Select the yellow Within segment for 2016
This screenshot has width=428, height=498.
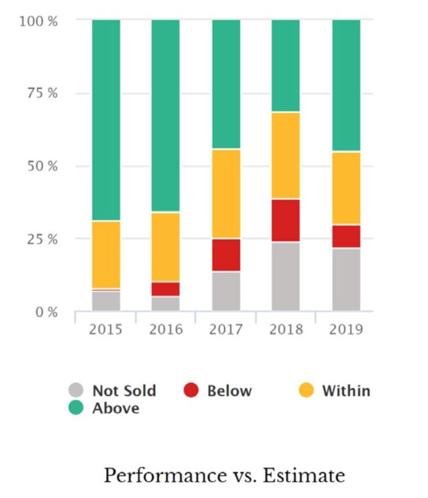(x=165, y=247)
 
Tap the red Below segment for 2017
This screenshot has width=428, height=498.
(x=226, y=254)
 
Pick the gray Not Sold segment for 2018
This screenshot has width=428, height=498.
(x=286, y=276)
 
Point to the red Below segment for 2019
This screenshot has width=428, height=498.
(x=346, y=236)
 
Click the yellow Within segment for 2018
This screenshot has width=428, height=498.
(x=286, y=156)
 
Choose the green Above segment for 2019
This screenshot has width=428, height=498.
(x=346, y=85)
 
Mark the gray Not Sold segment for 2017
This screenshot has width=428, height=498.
(x=226, y=290)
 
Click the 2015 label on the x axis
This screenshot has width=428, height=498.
(x=106, y=329)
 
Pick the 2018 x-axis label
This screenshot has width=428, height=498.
(x=286, y=329)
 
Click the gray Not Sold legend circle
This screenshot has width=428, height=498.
(x=76, y=390)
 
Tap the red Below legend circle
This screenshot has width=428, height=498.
(x=191, y=390)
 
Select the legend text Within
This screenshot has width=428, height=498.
(x=346, y=391)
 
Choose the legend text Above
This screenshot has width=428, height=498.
(x=116, y=408)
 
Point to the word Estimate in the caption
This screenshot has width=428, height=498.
(x=304, y=475)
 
